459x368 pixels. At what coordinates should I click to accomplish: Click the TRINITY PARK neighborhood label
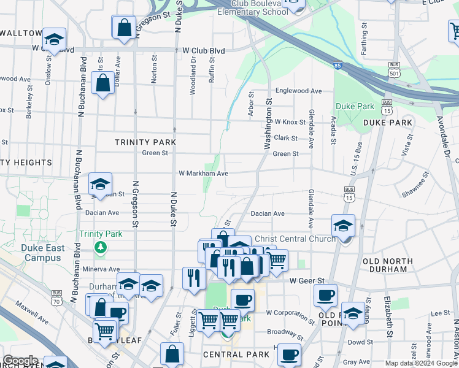point(145,142)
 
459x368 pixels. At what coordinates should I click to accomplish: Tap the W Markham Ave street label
point(203,174)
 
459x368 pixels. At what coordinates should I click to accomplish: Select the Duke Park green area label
point(355,106)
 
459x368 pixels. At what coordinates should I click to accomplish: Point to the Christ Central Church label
point(295,239)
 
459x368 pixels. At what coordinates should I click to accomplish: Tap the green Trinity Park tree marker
point(100,247)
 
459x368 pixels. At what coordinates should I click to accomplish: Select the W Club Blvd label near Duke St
point(203,51)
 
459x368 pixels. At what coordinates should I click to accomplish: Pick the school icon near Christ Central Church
point(343,225)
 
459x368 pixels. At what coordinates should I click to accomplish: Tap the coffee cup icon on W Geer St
point(325,295)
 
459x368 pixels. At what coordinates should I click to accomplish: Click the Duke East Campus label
point(41,253)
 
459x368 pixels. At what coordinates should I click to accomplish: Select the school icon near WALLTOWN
point(54,39)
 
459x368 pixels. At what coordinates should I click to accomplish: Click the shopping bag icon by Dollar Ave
point(102,82)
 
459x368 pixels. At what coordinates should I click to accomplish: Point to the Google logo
point(20,361)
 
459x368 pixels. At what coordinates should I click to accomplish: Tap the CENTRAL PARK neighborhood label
point(236,355)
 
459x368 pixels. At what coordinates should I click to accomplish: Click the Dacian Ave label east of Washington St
point(270,213)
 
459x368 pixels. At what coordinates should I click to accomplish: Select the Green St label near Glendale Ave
point(285,154)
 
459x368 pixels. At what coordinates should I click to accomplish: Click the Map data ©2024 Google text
point(421,363)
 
